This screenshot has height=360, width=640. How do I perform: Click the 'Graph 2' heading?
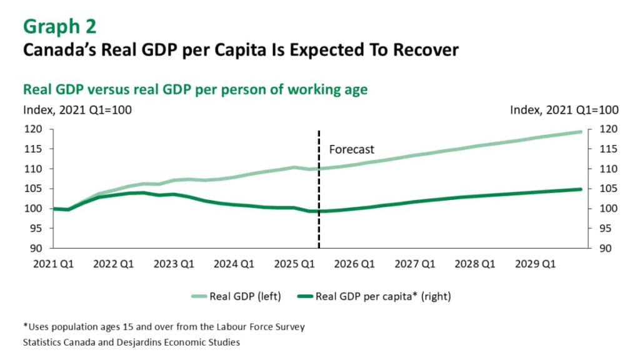(x=60, y=27)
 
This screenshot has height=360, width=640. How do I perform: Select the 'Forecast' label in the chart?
(x=352, y=149)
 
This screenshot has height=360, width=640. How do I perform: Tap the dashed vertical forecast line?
(x=319, y=187)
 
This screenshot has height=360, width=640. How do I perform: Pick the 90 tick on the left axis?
(x=37, y=248)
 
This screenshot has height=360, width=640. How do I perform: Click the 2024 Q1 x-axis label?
(x=234, y=264)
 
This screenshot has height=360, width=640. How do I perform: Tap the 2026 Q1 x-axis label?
(x=354, y=264)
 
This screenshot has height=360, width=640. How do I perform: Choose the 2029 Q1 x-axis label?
(x=535, y=264)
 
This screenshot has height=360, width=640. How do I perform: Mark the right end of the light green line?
(x=581, y=132)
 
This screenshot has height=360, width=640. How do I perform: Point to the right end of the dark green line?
(x=581, y=189)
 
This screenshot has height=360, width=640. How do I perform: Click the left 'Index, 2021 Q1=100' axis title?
(x=77, y=110)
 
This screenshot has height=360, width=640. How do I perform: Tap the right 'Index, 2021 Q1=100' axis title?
(x=564, y=110)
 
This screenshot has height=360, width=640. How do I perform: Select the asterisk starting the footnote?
(x=24, y=326)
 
